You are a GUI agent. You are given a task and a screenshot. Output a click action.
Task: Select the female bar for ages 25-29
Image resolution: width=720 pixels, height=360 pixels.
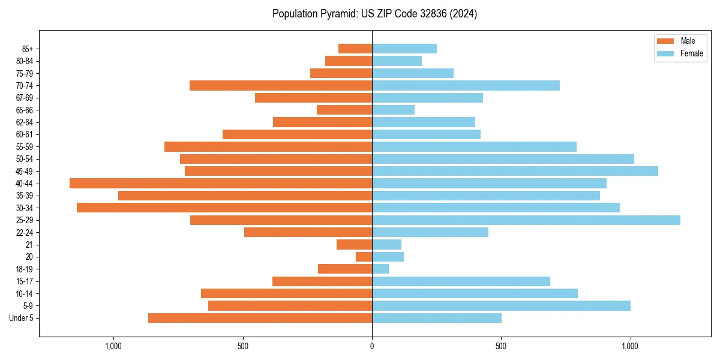526,220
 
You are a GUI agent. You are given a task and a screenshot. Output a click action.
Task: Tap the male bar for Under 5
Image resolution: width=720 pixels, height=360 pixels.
260,318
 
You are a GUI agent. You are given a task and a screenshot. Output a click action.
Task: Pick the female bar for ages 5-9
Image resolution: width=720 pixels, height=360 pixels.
501,305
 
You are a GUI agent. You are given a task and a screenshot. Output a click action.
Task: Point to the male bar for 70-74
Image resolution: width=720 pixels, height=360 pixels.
281,85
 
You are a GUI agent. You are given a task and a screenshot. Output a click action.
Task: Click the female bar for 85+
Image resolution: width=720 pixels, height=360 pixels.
404,49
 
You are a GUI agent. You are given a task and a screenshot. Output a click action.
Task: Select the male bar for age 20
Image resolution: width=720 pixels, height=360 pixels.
364,257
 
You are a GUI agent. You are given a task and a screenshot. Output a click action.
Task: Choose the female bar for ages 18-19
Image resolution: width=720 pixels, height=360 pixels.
380,269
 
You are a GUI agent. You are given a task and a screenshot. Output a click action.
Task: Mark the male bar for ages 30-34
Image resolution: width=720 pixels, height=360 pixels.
224,208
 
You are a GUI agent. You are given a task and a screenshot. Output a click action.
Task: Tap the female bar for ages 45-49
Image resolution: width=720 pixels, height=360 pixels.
515,171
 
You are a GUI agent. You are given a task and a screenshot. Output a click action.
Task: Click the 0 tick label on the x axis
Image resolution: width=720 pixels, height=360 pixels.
372,346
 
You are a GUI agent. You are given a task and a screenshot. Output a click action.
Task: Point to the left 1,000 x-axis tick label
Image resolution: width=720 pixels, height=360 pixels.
113,346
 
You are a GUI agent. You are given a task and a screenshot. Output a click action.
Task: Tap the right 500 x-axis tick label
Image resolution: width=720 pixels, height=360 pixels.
501,346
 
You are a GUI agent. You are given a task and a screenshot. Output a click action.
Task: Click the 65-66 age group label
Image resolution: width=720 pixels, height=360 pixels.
25,110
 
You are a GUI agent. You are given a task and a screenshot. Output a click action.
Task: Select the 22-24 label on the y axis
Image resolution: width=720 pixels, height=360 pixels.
25,232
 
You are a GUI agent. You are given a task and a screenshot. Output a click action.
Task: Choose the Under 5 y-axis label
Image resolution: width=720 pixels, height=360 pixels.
22,318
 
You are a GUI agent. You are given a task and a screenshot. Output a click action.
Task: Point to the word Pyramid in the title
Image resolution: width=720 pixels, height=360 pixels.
335,14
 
